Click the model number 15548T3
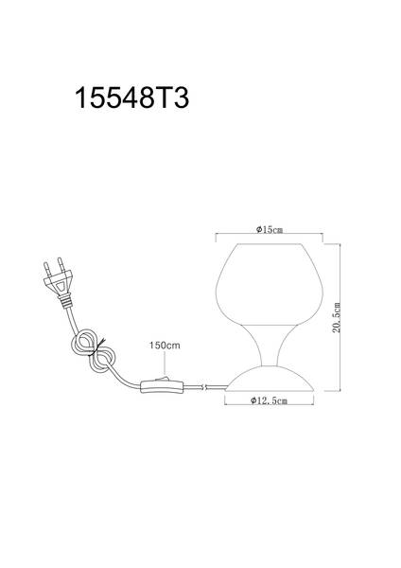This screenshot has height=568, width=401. tap(131, 98)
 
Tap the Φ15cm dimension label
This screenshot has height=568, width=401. tap(270, 230)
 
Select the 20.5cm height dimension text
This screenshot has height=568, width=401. tap(337, 317)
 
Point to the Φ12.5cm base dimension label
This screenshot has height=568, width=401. tap(270, 400)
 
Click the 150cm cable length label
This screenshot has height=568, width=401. tap(165, 346)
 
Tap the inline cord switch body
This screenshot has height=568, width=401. tap(163, 386)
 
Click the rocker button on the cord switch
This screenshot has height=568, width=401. tap(162, 380)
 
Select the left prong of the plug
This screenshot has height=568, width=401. tap(47, 270)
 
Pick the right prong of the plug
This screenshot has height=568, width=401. tap(61, 264)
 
